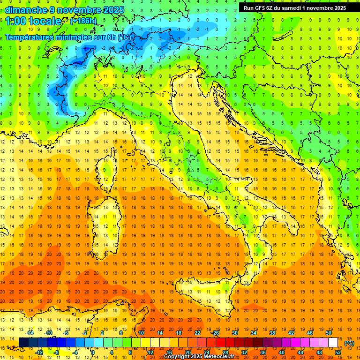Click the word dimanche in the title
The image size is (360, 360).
[25, 10]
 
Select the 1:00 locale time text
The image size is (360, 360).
[33, 21]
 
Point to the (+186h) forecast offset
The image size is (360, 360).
[83, 21]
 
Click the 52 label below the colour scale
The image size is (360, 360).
[338, 352]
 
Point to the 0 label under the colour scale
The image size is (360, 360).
[93, 352]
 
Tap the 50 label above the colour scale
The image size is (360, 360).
[328, 332]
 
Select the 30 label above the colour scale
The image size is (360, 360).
[234, 332]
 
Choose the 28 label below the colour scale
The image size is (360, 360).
[225, 352]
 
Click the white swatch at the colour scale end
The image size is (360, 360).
[333, 343]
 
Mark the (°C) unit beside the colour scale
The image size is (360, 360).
[349, 343]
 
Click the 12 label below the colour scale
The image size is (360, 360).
[150, 352]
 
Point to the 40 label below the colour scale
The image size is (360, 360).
[281, 352]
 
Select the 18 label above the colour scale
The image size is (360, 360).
[178, 332]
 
